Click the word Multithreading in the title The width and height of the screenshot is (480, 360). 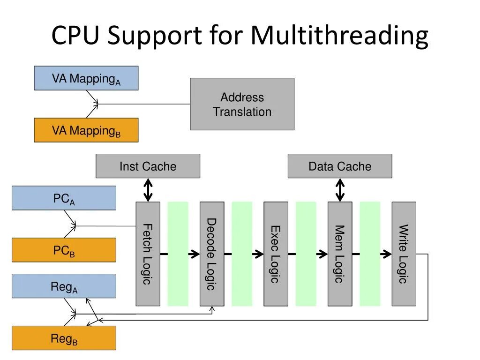tap(339, 36)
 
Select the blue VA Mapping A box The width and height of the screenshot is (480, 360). tap(86, 78)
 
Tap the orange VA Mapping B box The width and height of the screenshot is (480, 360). tap(86, 130)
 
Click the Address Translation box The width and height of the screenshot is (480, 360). tap(242, 104)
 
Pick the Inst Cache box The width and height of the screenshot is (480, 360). tap(148, 166)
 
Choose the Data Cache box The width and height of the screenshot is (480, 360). tap(340, 166)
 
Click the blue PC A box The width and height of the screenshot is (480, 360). tap(64, 198)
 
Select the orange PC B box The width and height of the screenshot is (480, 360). tap(64, 250)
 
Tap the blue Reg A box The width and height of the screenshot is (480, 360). tap(64, 286)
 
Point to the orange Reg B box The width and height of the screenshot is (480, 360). tap(64, 338)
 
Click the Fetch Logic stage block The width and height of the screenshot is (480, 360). tap(148, 254)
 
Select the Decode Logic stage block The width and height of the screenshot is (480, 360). tap(212, 254)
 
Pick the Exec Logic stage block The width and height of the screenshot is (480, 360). tap(276, 254)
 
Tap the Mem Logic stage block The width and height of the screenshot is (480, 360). tap(340, 254)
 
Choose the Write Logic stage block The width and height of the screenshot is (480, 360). tap(404, 254)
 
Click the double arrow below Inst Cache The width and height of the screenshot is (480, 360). tap(148, 190)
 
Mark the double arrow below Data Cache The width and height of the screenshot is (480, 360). tap(340, 190)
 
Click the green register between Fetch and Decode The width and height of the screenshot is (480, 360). tap(178, 254)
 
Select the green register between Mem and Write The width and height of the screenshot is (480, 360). tap(370, 254)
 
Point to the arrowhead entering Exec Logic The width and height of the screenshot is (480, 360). tap(259, 254)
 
